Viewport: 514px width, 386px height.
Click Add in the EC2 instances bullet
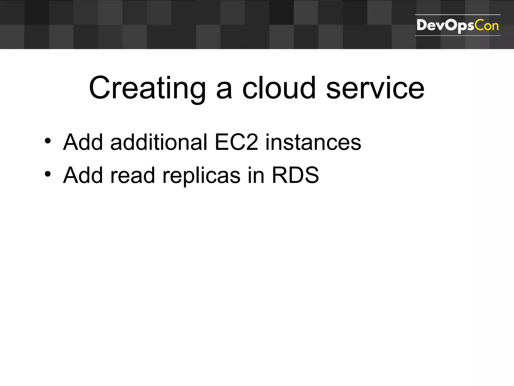click(83, 142)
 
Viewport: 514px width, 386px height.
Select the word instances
click(313, 142)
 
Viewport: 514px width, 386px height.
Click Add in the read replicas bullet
click(83, 175)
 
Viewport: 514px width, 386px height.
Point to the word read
click(132, 175)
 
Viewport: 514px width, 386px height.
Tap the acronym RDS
click(295, 175)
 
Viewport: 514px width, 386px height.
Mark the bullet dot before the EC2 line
click(48, 141)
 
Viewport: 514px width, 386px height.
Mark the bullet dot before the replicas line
click(48, 174)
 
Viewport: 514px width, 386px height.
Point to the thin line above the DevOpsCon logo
click(458, 15)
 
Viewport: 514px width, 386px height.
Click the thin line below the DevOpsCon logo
click(458, 36)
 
